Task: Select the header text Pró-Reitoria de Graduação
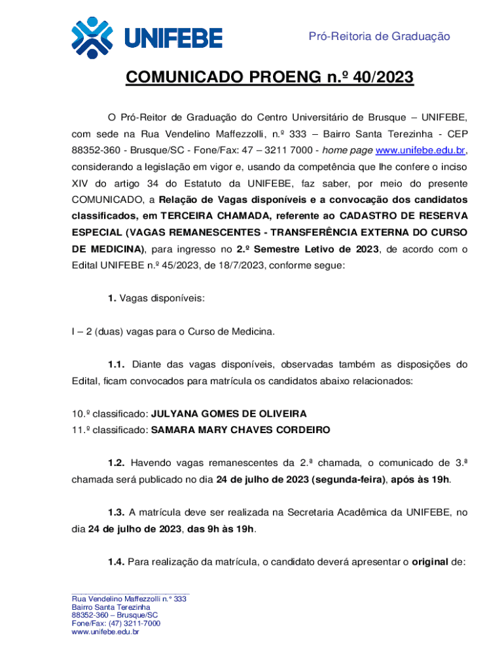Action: (379, 37)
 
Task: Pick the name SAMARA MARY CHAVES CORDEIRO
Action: (240, 430)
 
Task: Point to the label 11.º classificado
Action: (110, 430)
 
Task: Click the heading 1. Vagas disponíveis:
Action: (156, 298)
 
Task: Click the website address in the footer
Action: (105, 631)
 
